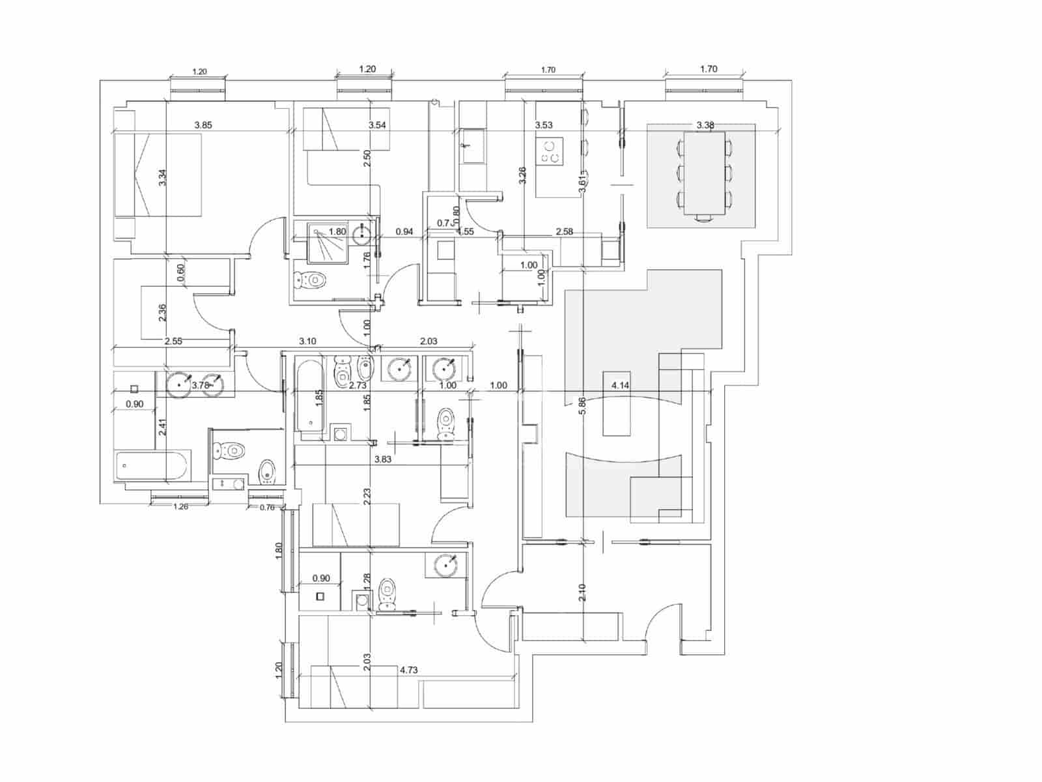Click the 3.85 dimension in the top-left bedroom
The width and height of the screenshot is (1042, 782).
[203, 124]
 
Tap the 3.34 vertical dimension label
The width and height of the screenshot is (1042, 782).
[163, 177]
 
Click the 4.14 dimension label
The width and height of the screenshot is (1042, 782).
[620, 385]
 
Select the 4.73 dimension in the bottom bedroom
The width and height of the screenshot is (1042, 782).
[408, 669]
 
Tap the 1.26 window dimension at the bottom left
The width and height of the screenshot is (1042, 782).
[180, 506]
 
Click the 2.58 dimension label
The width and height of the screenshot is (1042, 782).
[564, 231]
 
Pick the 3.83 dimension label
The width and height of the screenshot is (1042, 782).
[383, 459]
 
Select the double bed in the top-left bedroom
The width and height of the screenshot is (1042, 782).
[158, 175]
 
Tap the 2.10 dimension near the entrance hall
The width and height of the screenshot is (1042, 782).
[583, 592]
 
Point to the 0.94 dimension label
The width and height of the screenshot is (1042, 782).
[404, 231]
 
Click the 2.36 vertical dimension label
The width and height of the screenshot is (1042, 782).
[163, 313]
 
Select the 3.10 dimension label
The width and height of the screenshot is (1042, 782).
[307, 341]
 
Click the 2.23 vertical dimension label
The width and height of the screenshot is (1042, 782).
[367, 497]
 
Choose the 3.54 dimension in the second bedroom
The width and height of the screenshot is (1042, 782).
[377, 124]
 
